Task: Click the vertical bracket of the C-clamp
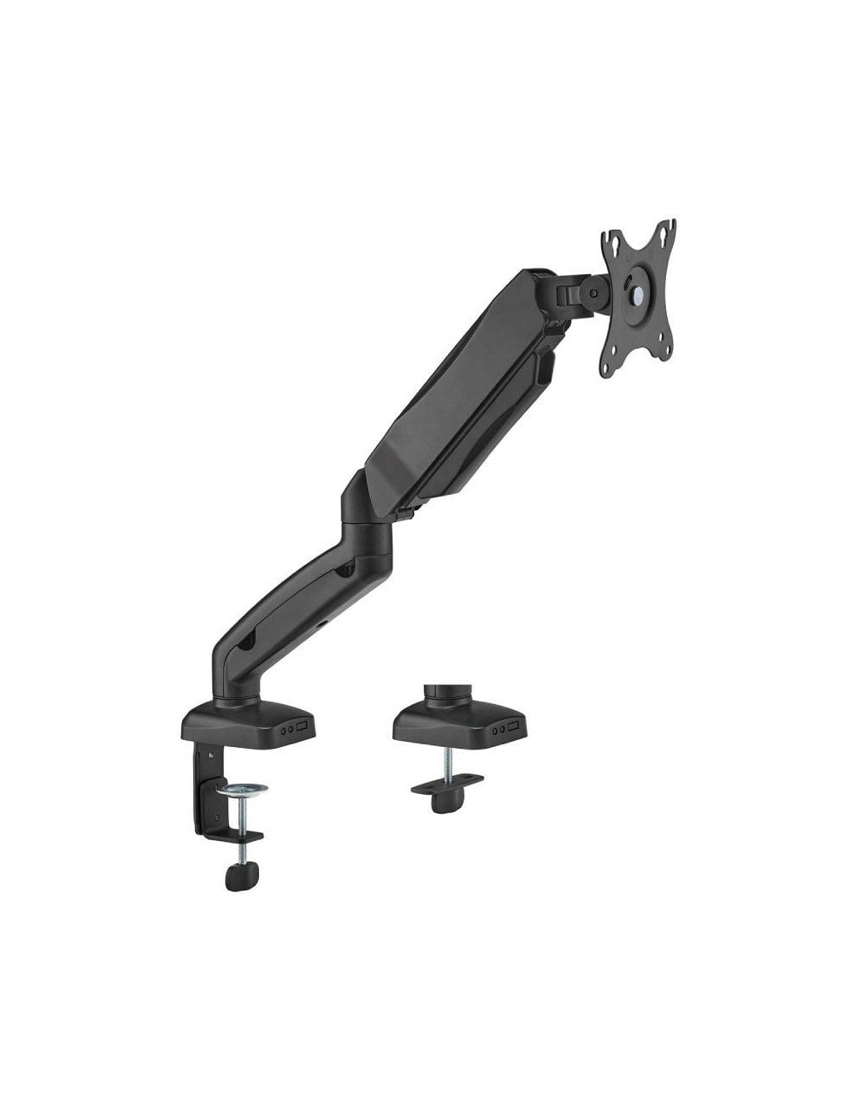point(209,773)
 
